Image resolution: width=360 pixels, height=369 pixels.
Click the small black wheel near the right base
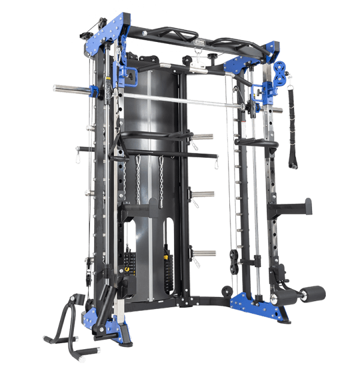tap(227, 290)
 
